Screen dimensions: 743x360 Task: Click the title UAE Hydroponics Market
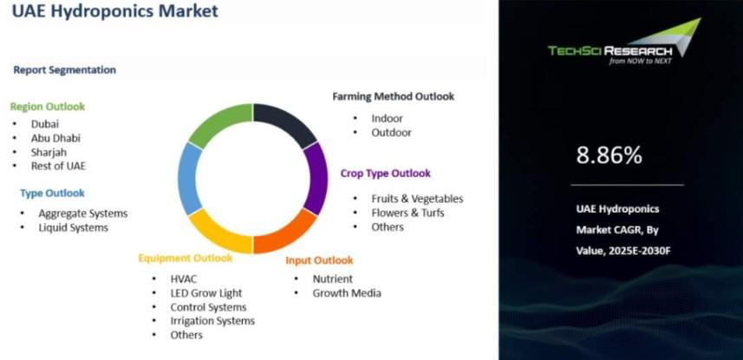click(115, 10)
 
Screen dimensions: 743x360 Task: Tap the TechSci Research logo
click(624, 43)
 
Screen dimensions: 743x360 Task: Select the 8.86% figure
click(609, 155)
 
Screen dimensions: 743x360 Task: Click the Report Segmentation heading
click(64, 69)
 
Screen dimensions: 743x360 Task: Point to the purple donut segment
click(316, 179)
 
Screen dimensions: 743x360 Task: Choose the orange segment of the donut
click(287, 233)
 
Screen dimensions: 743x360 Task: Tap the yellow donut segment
click(218, 233)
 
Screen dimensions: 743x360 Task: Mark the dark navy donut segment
click(287, 122)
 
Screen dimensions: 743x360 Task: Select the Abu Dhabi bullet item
click(55, 138)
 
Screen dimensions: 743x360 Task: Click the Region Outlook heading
click(48, 107)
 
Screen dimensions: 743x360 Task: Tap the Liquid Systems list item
click(74, 227)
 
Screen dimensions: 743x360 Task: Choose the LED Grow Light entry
click(206, 293)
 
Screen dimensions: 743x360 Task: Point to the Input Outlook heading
click(319, 260)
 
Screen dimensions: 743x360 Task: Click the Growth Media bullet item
click(347, 293)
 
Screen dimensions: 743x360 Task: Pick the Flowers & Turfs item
click(408, 213)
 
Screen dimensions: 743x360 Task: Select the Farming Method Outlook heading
click(394, 96)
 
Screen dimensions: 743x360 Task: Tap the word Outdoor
click(391, 133)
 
